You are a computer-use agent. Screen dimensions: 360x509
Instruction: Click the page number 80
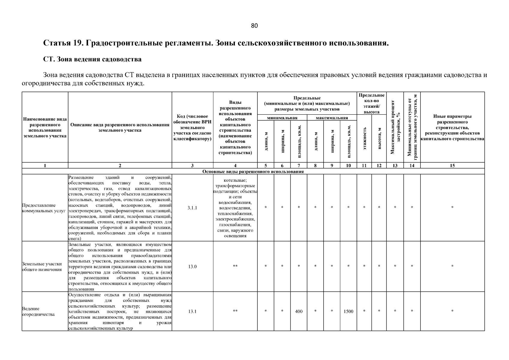[254, 26]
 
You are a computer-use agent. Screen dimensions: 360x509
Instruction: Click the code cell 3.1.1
[192, 208]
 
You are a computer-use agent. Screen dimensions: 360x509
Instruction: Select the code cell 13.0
[192, 266]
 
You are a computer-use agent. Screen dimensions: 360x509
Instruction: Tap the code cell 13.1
[192, 311]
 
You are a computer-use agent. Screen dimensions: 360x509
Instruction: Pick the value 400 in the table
[299, 311]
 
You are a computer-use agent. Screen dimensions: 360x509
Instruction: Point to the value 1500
[348, 311]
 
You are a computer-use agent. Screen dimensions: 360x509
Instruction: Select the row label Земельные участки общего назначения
[42, 266]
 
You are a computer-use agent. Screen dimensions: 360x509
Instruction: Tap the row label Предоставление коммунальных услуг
[43, 208]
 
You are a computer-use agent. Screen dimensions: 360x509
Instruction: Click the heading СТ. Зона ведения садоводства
[92, 59]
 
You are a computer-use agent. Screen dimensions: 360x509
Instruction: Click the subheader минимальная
[282, 118]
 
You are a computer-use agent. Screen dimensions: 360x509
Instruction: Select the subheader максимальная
[332, 118]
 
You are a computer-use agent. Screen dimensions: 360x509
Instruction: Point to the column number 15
[452, 166]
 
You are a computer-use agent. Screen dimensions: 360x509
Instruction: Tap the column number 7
[299, 166]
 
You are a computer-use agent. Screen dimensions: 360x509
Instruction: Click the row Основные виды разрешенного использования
[253, 172]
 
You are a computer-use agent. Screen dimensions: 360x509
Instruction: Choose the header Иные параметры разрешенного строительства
[452, 127]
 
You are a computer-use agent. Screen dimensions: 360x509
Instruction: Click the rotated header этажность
[364, 138]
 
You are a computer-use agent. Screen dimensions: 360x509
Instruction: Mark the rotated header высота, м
[379, 138]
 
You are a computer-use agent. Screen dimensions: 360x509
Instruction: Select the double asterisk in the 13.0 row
[235, 266]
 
